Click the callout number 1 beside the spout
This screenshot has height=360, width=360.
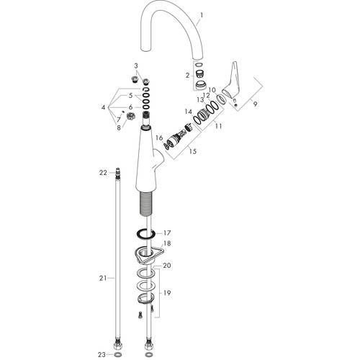202,15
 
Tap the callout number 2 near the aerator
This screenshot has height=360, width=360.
187,76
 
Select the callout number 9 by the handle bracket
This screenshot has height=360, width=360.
255,104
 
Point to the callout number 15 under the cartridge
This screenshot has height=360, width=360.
193,151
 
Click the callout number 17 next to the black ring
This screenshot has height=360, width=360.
167,233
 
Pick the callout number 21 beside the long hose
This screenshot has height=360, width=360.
103,278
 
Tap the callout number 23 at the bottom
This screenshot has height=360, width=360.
102,354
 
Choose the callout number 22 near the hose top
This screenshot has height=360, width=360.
103,173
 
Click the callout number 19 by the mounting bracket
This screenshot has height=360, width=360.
167,293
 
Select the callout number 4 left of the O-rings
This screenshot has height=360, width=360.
103,107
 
